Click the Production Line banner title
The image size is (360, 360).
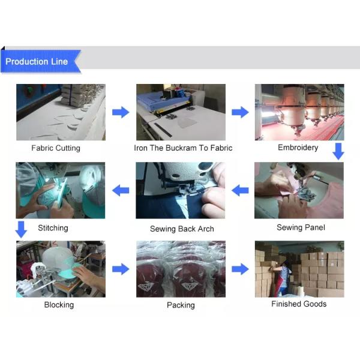tap(37, 62)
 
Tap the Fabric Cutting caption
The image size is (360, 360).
tap(56, 148)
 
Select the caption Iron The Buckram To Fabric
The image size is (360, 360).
tap(183, 148)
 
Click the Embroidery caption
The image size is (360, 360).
tap(298, 148)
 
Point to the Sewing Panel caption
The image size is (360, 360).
tap(301, 227)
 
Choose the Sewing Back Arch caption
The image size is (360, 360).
tap(182, 229)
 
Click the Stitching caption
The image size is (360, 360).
tap(53, 228)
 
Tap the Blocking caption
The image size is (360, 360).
tap(59, 305)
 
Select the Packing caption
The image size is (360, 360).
tap(181, 305)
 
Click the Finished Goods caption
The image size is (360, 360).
tap(299, 304)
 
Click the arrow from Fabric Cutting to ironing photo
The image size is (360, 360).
tap(121, 112)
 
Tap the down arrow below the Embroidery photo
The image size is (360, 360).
tap(338, 152)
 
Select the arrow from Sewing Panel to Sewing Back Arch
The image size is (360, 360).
tap(240, 190)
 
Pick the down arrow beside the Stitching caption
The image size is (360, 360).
tap(21, 230)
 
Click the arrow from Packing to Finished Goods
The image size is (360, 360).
tap(240, 269)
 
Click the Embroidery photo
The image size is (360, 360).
tap(299, 112)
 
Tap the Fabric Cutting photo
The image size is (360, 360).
tap(61, 112)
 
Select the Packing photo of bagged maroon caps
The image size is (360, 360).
tap(181, 269)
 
